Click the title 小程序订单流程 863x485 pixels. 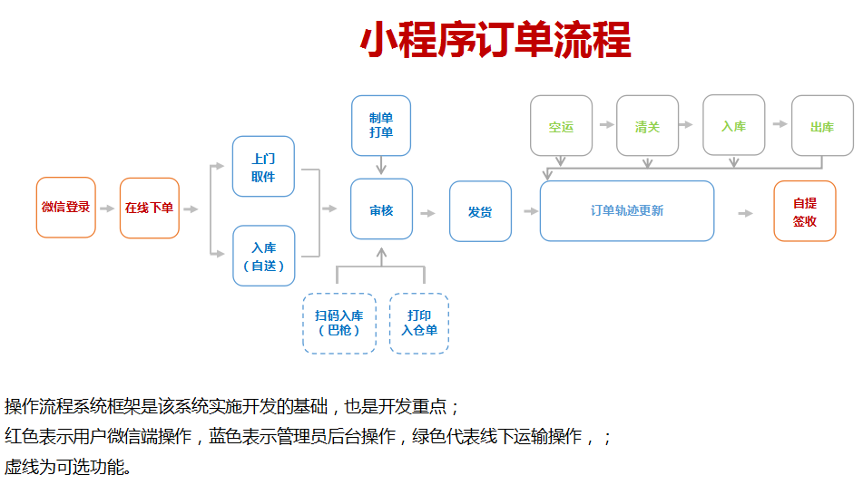(x=495, y=41)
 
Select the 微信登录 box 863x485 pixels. (x=66, y=208)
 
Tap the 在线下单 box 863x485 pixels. (x=150, y=208)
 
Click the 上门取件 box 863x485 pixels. (x=263, y=166)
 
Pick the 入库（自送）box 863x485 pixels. (x=263, y=256)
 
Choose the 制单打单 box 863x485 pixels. (x=381, y=125)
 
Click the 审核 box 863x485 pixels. (x=381, y=210)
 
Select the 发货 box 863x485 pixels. (x=480, y=211)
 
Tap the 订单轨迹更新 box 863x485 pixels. (x=627, y=211)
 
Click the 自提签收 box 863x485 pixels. (x=805, y=211)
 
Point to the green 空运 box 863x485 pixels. (x=561, y=126)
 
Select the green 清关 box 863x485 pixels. (x=647, y=126)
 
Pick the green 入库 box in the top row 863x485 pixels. (x=733, y=126)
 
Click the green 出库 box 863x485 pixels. (x=822, y=126)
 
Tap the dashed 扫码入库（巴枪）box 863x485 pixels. (x=338, y=323)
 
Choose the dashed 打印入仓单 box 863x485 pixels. (x=419, y=323)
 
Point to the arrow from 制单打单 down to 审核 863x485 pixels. (x=381, y=165)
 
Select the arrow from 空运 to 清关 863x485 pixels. (x=603, y=124)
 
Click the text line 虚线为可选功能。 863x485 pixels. (x=68, y=468)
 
